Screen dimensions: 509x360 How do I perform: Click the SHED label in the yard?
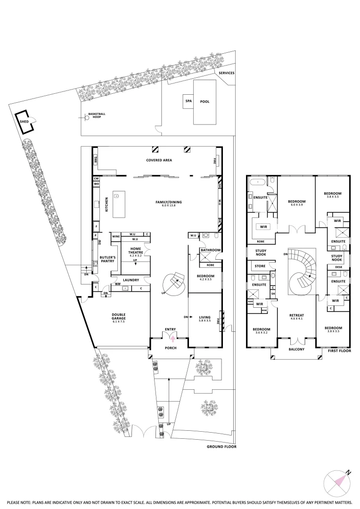click(24, 121)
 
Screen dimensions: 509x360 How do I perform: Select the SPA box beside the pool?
click(188, 101)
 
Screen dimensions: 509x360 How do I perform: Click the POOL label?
click(205, 101)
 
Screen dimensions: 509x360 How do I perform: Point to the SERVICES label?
click(226, 73)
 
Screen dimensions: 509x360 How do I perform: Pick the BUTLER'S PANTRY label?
click(105, 259)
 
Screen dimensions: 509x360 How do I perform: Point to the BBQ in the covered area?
click(95, 159)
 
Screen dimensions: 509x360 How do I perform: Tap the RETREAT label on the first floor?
click(297, 316)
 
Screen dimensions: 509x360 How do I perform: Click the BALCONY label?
click(296, 350)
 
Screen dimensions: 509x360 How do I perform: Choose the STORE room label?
click(260, 266)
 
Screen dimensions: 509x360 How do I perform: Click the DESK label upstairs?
click(338, 267)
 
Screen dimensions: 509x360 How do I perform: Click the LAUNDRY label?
click(131, 280)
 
